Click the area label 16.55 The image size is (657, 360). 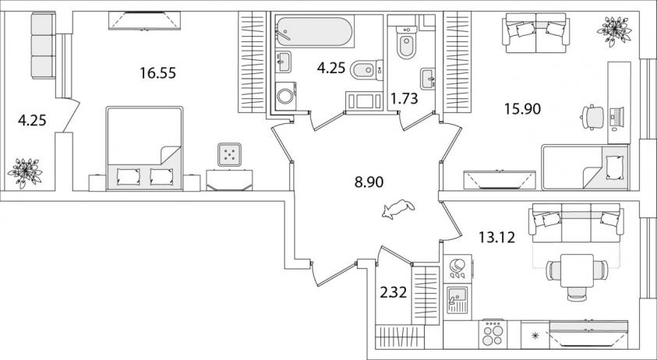coord(158,73)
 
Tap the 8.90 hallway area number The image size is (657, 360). coord(369,182)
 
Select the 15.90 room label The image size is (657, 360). coord(522,109)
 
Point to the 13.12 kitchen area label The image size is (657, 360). coord(497,238)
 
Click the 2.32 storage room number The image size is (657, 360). coord(393,292)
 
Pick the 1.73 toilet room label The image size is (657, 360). coord(404,99)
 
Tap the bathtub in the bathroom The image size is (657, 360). coord(315,31)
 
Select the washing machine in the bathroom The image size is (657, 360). coord(286,96)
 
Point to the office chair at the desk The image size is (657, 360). coord(592,117)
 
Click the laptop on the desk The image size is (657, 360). coord(616,117)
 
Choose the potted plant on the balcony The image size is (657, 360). coord(25,172)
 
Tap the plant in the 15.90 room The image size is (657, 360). coord(614,30)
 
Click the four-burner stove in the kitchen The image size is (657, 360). coord(493,334)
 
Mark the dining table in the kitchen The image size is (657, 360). coord(577,270)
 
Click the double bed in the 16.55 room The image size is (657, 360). coord(144,148)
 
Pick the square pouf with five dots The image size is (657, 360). coord(229,154)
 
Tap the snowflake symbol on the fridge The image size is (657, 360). coord(534,335)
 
